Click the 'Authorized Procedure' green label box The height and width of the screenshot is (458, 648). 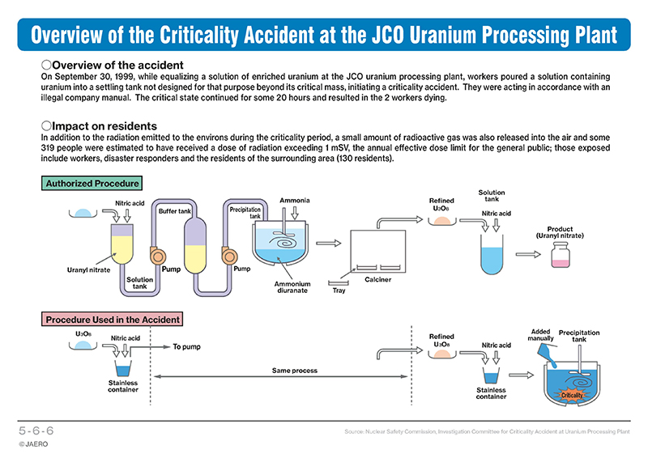(92, 184)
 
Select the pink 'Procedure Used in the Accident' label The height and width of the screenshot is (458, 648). (113, 320)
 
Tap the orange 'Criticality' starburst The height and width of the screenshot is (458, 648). (572, 395)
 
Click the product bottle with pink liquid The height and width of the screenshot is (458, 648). (561, 255)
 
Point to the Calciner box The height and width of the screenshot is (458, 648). (378, 251)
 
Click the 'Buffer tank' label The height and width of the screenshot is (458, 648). (175, 211)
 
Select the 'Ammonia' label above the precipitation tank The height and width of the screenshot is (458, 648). (295, 201)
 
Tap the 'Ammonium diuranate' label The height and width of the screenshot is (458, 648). (292, 287)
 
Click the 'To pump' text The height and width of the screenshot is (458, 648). (186, 346)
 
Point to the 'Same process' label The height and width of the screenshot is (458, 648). (295, 371)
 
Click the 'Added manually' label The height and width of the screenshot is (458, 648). (540, 335)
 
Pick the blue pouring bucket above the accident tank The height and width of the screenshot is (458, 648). (547, 355)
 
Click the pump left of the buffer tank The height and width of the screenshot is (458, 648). (157, 256)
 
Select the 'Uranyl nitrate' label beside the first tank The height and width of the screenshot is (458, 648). (88, 270)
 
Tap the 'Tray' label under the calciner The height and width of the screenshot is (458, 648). (339, 290)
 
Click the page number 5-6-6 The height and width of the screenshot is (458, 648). (36, 430)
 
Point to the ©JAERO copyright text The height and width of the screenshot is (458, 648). (33, 444)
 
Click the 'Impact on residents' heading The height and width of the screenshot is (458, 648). (99, 126)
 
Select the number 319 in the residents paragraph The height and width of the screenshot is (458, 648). (48, 148)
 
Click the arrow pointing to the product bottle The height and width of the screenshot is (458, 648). (528, 254)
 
